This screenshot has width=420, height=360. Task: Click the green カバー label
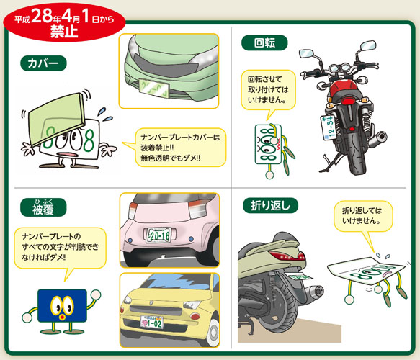[43, 63]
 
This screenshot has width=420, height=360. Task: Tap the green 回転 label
[264, 42]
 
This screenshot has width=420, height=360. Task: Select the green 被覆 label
[43, 207]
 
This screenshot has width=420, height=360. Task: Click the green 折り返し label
[271, 206]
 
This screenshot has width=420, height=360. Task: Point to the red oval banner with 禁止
[64, 22]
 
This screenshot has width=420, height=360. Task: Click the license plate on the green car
[153, 89]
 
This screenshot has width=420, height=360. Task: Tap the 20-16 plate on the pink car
[159, 235]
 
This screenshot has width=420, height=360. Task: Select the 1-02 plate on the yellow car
[151, 322]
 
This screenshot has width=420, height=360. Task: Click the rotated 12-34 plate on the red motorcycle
[329, 127]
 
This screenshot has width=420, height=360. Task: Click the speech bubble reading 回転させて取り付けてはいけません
[268, 91]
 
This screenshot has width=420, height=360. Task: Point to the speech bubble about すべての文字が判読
[61, 248]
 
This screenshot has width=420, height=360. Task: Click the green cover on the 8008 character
[57, 118]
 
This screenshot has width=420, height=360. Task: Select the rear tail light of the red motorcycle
[349, 101]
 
